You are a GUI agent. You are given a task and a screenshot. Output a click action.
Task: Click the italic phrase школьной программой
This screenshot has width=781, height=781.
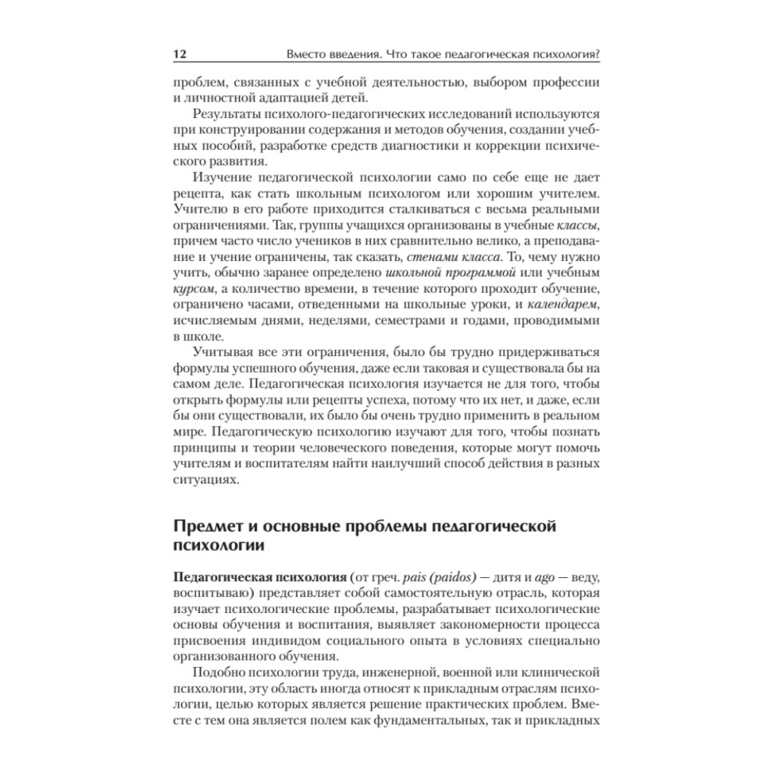click(x=451, y=275)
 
